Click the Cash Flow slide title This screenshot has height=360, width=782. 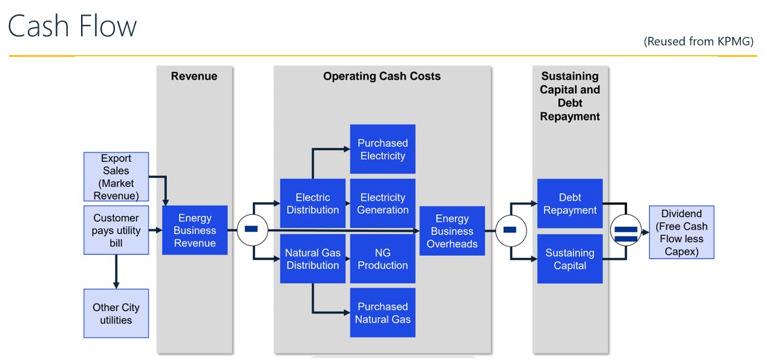(x=73, y=27)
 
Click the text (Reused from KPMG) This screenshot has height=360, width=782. (x=699, y=41)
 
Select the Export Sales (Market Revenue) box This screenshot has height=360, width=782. (x=116, y=177)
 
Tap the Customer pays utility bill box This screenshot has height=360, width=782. (x=116, y=230)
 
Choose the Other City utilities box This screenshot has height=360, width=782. (x=116, y=313)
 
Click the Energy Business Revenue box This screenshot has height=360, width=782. (x=195, y=231)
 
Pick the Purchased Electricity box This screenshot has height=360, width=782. (x=383, y=149)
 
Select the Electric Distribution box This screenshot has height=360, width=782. (x=313, y=204)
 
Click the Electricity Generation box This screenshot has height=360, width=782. (x=383, y=204)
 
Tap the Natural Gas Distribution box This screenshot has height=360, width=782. (x=313, y=259)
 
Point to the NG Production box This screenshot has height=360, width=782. (x=383, y=259)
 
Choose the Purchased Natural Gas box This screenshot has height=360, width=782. (x=383, y=313)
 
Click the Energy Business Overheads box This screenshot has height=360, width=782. (x=452, y=231)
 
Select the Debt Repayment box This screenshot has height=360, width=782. (x=570, y=204)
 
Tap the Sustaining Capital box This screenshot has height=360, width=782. (x=570, y=259)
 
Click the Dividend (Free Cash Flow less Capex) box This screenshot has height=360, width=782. (x=682, y=232)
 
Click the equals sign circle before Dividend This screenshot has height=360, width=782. (x=626, y=231)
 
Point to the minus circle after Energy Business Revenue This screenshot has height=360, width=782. (x=252, y=231)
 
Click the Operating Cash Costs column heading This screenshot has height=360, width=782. (x=382, y=76)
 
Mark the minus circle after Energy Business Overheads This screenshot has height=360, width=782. (x=510, y=231)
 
